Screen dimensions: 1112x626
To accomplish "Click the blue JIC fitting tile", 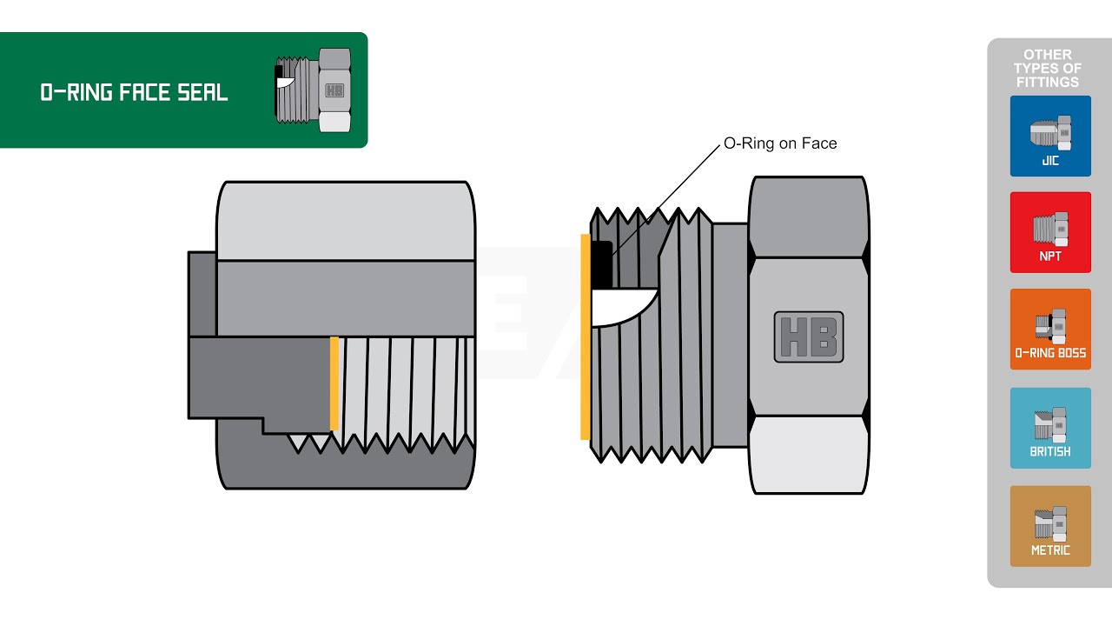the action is point(1050,137).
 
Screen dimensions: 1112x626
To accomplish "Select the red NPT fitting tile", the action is point(1050,232).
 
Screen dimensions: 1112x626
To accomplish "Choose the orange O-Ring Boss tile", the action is point(1050,329).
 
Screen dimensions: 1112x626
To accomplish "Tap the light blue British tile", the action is point(1050,428).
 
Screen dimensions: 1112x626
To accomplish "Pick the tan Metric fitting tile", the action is point(1050,526).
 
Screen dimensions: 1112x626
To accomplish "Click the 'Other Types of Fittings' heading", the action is point(1048,69).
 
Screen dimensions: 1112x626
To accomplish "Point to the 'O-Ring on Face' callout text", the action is point(780,143).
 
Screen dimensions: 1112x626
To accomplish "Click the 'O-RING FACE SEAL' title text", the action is point(134,93).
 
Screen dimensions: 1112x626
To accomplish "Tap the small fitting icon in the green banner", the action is point(313,90).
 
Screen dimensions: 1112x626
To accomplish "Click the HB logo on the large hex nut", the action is point(809,336).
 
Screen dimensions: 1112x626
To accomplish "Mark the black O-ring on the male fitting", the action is point(601,264).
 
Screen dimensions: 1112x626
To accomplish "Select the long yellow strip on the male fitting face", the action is point(586,336).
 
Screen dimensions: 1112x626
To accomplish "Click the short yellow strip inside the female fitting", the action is point(334,383).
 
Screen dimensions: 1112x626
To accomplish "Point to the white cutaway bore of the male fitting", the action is point(620,307).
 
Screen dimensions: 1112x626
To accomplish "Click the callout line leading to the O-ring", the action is point(666,200).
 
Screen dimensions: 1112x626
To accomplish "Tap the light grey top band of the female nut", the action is point(346,221).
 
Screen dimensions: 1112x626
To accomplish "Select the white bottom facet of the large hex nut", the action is point(809,455).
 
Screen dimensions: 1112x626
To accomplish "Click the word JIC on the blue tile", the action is point(1050,161).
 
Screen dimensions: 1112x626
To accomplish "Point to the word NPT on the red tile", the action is point(1050,256).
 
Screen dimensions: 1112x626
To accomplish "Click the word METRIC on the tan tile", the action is point(1050,550).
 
